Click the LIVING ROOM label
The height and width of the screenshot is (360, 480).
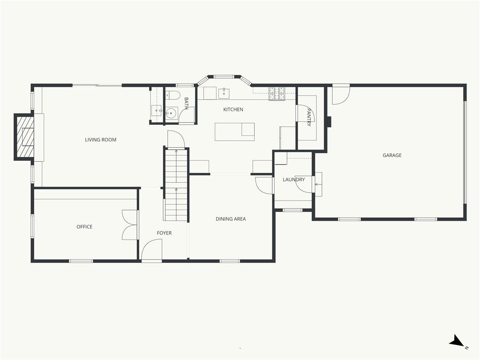click(100, 140)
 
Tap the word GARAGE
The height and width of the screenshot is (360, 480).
click(392, 155)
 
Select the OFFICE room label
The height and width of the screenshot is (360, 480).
click(84, 226)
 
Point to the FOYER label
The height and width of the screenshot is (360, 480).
click(164, 233)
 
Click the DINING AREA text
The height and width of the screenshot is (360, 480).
click(231, 219)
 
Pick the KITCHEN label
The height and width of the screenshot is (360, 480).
click(233, 109)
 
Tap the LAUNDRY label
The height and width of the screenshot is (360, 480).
click(293, 180)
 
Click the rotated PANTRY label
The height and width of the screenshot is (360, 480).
click(309, 117)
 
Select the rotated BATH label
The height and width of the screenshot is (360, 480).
click(186, 103)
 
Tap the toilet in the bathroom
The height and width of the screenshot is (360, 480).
click(172, 95)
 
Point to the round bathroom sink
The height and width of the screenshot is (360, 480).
click(171, 113)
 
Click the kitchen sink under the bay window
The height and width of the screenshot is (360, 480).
click(224, 93)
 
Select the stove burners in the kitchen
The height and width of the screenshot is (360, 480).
click(277, 94)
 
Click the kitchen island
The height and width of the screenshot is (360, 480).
click(234, 132)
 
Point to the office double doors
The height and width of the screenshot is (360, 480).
click(130, 225)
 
